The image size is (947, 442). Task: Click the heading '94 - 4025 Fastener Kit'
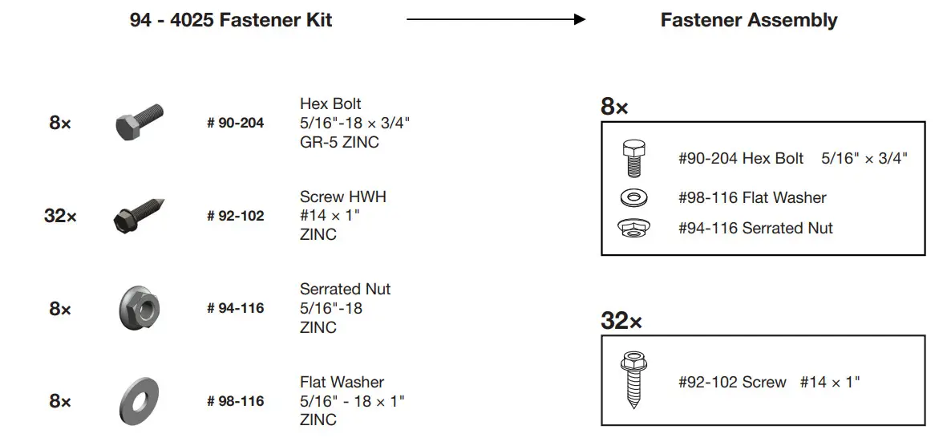(x=231, y=20)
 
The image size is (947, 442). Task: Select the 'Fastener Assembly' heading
(x=748, y=20)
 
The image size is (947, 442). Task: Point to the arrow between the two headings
(x=496, y=20)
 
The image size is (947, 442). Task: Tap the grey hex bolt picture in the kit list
(x=140, y=123)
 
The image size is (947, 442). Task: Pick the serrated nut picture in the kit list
(x=140, y=308)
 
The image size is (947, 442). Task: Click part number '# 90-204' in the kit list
(x=235, y=124)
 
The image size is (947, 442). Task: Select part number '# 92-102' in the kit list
(x=235, y=216)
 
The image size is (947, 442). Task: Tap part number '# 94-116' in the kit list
(x=235, y=308)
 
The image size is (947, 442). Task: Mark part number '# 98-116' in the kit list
(x=235, y=401)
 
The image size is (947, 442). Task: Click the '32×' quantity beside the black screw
(x=60, y=216)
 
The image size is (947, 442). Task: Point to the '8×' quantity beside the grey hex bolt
(x=60, y=124)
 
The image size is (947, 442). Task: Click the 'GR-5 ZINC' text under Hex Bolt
(x=339, y=143)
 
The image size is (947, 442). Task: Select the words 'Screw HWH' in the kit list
(x=342, y=197)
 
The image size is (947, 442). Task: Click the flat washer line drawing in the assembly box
(x=633, y=197)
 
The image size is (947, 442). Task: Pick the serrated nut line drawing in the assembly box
(x=633, y=228)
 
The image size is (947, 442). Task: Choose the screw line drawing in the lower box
(x=633, y=381)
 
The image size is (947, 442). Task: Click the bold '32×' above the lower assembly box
(x=621, y=322)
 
